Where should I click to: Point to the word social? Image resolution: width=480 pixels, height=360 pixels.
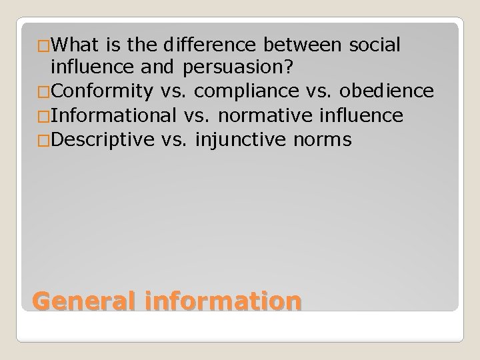[373, 45]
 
